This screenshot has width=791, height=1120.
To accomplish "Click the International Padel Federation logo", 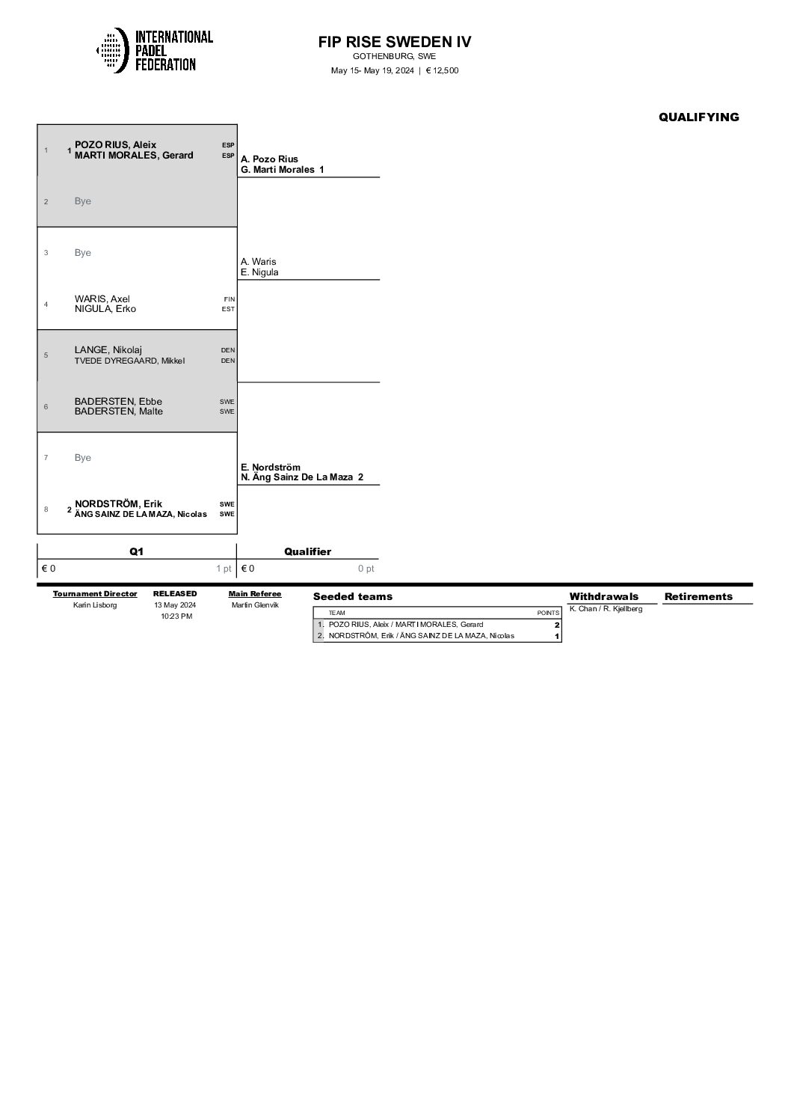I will (155, 50).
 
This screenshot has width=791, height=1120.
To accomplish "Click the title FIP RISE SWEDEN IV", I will (395, 42).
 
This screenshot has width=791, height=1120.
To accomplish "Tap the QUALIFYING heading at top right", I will (698, 117).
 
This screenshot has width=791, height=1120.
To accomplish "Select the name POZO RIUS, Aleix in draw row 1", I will (115, 145).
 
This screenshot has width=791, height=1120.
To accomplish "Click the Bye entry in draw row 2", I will (83, 201).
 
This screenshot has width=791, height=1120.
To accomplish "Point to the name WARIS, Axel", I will (102, 299).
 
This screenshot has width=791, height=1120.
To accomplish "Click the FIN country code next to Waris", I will (229, 299).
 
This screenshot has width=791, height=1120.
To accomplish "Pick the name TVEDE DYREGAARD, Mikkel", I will (129, 361).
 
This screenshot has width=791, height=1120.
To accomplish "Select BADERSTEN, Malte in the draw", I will (118, 411).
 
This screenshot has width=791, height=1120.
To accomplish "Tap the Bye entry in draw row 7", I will (83, 458).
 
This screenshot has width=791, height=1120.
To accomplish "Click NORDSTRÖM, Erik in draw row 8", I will (118, 504).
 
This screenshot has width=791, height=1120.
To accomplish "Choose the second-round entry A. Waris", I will (258, 262).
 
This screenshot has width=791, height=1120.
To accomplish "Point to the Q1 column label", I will (137, 551).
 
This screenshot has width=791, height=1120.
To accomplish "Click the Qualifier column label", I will (307, 551).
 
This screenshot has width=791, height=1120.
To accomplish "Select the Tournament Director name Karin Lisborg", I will (95, 605).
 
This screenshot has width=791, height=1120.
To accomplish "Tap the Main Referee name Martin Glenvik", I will (255, 605).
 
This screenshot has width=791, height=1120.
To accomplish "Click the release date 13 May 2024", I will (174, 605).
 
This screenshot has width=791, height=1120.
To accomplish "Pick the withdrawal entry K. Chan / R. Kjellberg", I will (606, 609).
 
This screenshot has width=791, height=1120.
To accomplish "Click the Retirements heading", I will (698, 596).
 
